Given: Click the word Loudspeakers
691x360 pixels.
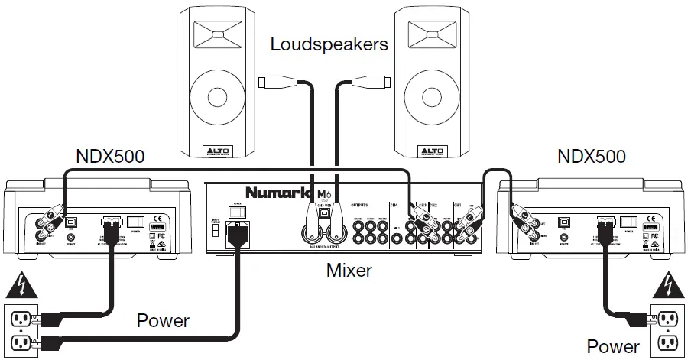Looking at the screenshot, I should pyautogui.click(x=329, y=44).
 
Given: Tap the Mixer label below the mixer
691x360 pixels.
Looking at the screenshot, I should pyautogui.click(x=350, y=270).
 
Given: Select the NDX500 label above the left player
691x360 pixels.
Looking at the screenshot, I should pyautogui.click(x=111, y=157).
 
